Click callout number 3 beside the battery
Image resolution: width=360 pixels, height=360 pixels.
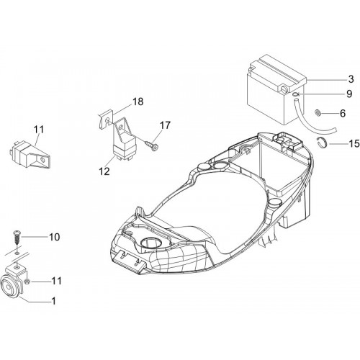[351, 79]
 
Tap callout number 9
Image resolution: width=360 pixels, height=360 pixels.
[349, 94]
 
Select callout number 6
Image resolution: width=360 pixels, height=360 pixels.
[343, 113]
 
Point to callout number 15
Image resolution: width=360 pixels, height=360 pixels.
[354, 143]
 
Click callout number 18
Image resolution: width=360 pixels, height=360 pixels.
[138, 102]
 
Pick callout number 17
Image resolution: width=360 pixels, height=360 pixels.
[165, 125]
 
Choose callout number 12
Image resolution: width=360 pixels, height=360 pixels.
[104, 171]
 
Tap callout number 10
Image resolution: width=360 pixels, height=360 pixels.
[55, 237]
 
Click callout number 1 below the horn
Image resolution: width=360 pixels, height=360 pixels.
[54, 301]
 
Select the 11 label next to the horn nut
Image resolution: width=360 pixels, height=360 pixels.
[57, 281]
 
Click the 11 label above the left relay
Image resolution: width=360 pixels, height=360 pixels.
[39, 130]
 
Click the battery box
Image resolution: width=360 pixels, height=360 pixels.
[276, 90]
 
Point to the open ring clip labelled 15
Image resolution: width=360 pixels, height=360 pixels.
[322, 143]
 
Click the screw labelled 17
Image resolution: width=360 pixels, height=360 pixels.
[151, 145]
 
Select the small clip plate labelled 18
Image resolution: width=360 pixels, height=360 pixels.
[106, 119]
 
